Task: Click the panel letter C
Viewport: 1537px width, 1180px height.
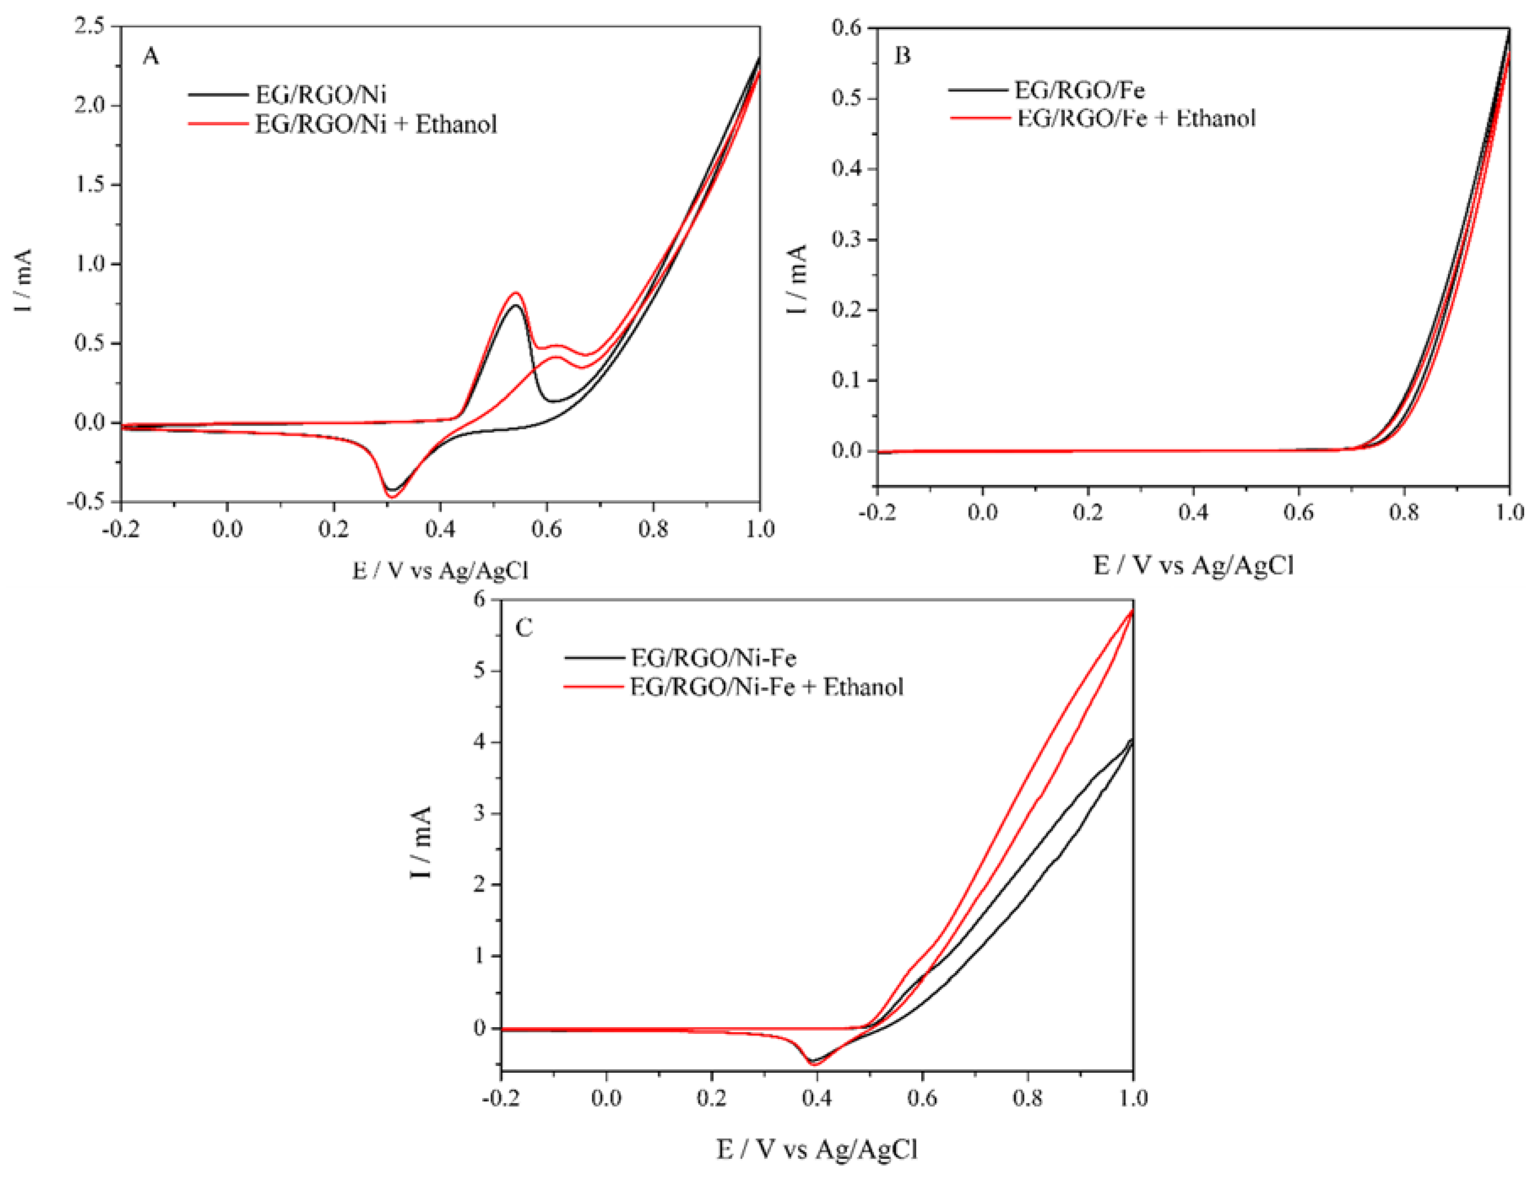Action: (x=524, y=627)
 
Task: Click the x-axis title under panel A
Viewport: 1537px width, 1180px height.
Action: (x=440, y=570)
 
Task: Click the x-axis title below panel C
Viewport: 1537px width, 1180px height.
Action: (x=816, y=1149)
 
